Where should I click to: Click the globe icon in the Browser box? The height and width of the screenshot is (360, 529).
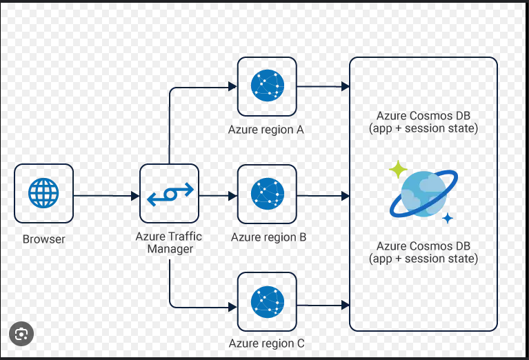(x=43, y=193)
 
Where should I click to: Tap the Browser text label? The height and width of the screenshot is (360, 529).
(x=44, y=240)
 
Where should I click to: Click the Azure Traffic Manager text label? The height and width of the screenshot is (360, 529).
(x=169, y=242)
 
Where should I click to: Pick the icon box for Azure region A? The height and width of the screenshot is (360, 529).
(x=267, y=86)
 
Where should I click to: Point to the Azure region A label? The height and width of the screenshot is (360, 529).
(x=266, y=130)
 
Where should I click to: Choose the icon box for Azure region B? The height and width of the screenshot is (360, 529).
(x=267, y=194)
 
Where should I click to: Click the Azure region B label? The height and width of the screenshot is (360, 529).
(x=269, y=237)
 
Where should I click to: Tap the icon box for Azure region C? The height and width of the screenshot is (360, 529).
(x=267, y=301)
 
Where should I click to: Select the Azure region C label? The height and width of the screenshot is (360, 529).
(x=267, y=343)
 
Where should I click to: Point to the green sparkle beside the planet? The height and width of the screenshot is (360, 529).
(x=397, y=169)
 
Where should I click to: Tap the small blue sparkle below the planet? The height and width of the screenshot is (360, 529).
(x=448, y=219)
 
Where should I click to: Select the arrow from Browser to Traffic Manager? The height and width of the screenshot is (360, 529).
(x=106, y=196)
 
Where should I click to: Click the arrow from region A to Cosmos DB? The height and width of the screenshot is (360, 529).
(x=323, y=86)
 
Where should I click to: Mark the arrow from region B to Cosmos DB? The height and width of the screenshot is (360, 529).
(x=323, y=196)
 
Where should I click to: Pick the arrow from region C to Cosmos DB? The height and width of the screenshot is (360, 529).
(x=323, y=303)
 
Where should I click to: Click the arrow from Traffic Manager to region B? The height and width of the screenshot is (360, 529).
(x=217, y=196)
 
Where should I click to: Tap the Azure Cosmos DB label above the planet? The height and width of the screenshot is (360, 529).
(x=423, y=122)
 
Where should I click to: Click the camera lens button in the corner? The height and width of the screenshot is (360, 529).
(x=21, y=334)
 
